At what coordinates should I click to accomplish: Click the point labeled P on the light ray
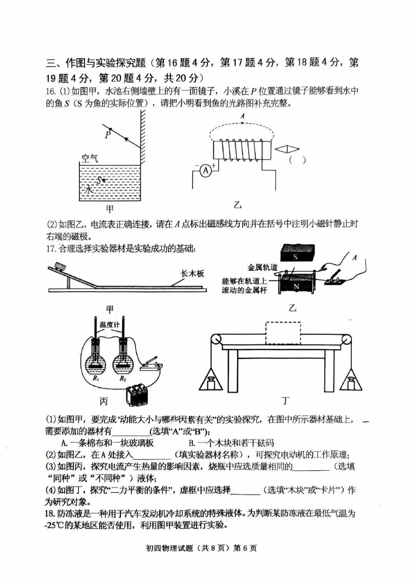click(x=110, y=129)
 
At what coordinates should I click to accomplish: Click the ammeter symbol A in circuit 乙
click(x=206, y=171)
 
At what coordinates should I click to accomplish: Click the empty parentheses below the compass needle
click(x=297, y=161)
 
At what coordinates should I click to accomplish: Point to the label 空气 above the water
click(x=90, y=158)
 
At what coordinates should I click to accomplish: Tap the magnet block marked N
click(x=296, y=286)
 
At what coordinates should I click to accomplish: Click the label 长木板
click(x=192, y=274)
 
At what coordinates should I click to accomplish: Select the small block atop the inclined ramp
click(x=60, y=266)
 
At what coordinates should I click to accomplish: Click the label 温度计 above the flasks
click(x=110, y=325)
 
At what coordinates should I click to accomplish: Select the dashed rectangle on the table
click(x=283, y=333)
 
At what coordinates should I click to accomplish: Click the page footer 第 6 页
click(x=245, y=548)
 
